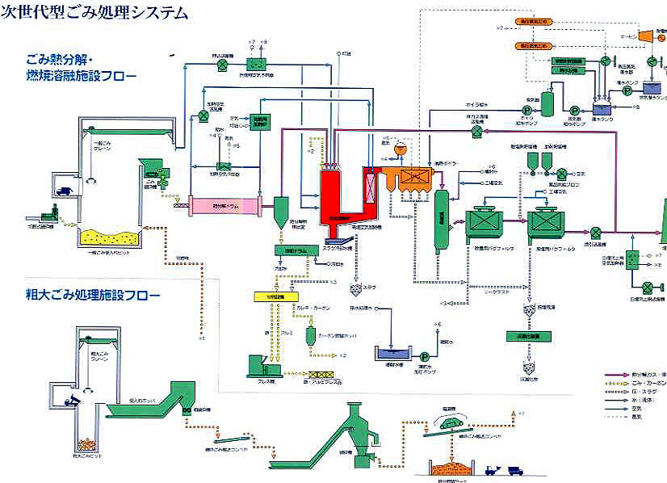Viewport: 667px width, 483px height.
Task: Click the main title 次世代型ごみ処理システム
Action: click(x=94, y=13)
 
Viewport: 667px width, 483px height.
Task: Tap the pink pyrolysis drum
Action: click(x=224, y=205)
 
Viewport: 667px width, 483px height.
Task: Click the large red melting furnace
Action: click(x=342, y=198)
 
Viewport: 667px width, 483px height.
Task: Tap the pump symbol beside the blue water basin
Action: click(x=423, y=355)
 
